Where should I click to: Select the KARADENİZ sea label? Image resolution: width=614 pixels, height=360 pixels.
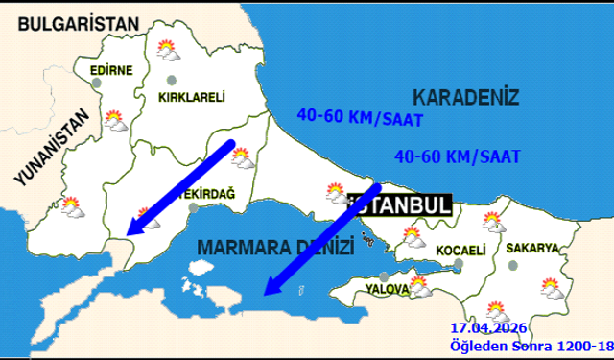point(465,97)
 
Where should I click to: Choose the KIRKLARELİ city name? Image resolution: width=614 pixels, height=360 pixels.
point(192,97)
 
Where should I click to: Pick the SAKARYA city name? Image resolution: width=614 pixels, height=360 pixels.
point(533,248)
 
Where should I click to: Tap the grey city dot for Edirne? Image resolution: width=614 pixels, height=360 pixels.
point(97,84)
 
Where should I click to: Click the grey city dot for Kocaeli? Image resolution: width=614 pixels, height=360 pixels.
point(460,264)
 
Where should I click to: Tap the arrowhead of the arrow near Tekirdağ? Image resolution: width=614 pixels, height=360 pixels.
point(134,228)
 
